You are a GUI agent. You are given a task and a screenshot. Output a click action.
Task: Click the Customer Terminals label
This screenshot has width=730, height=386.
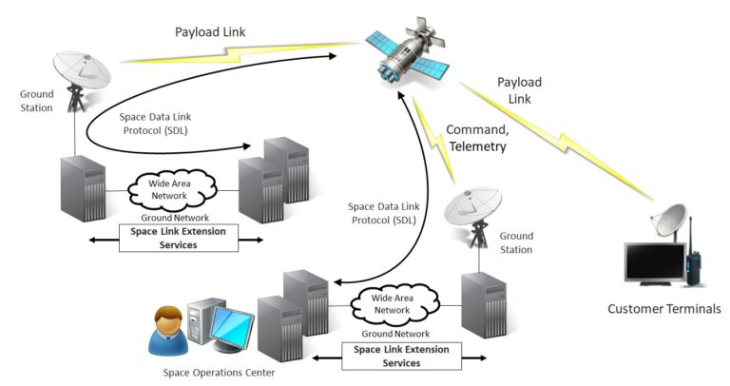(x=664, y=308)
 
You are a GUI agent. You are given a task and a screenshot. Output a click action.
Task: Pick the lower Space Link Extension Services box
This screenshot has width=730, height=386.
(x=400, y=356)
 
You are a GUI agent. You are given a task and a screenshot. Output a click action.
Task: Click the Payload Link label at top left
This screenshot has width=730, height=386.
(x=210, y=31)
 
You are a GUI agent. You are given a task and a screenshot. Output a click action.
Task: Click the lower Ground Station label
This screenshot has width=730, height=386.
(x=516, y=242)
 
